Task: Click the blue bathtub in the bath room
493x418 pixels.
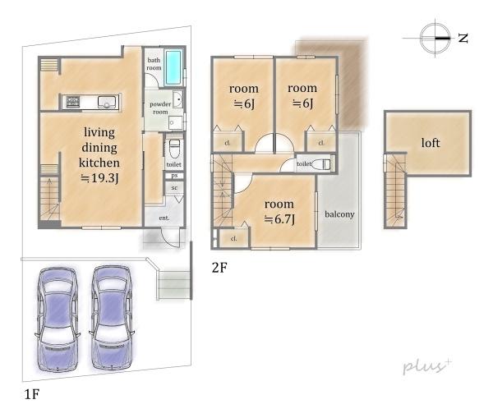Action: pos(173,67)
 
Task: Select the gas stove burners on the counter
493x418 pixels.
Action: pos(73,102)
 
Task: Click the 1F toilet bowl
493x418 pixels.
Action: pos(174,149)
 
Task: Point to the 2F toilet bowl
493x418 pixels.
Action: pos(323,163)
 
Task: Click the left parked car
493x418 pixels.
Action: pos(58,319)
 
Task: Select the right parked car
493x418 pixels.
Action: pos(112,318)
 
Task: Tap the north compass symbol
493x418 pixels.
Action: pos(435,38)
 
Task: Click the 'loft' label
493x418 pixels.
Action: pos(431,143)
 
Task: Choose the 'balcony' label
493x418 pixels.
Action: pos(339,214)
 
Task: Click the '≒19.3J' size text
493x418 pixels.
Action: pos(99,178)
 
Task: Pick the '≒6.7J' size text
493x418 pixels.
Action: pos(279,219)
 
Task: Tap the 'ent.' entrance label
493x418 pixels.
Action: pos(164,218)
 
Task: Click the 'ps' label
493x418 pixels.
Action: pos(174,176)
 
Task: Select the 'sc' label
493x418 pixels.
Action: pos(174,188)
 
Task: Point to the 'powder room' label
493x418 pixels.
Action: pos(160,108)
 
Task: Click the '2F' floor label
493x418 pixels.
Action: pos(219,268)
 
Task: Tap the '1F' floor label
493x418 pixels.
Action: pos(32,394)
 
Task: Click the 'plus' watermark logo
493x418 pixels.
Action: pos(427,366)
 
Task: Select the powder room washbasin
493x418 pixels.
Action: pos(178,99)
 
